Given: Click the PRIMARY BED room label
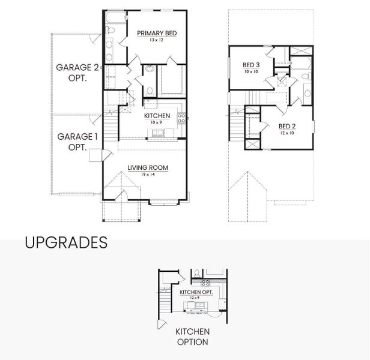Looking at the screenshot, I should click(x=157, y=34).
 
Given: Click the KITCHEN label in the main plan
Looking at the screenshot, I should click(x=157, y=116).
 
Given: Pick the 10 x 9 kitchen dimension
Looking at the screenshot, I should click(x=157, y=122).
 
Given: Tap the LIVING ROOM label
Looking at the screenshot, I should click(x=147, y=168).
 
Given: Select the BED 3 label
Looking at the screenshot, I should click(x=251, y=65).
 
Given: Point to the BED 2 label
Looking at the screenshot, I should click(x=287, y=126).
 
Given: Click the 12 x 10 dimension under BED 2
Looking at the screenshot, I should click(x=287, y=133).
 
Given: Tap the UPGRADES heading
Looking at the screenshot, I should click(x=66, y=242).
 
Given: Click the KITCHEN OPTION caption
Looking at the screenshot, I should click(x=192, y=337).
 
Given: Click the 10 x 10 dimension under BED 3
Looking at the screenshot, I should click(x=251, y=71).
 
